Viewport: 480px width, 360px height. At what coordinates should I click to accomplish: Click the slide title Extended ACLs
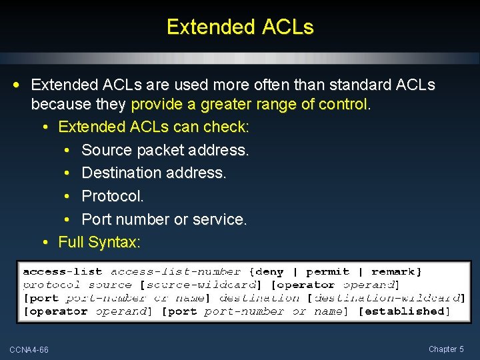[x=240, y=27]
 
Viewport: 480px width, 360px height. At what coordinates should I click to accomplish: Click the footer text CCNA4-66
[x=29, y=350]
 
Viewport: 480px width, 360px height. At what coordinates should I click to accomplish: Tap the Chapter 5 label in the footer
[x=445, y=349]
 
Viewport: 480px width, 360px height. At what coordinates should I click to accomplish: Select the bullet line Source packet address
[x=165, y=150]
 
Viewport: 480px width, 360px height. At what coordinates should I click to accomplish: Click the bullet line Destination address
[x=154, y=173]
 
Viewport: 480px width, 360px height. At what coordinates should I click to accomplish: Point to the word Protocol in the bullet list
[x=112, y=196]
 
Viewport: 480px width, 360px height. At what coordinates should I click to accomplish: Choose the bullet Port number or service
[x=164, y=219]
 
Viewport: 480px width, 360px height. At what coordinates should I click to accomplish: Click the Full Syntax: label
[x=99, y=242]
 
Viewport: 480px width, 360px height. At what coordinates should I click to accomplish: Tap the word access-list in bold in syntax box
[x=63, y=272]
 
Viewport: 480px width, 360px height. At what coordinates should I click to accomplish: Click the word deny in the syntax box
[x=269, y=272]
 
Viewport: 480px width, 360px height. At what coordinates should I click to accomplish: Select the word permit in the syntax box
[x=327, y=272]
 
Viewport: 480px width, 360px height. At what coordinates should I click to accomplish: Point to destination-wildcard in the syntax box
[x=387, y=298]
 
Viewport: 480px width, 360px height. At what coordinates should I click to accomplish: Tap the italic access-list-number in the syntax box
[x=175, y=272]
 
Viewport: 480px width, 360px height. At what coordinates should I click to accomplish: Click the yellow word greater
[x=217, y=105]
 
